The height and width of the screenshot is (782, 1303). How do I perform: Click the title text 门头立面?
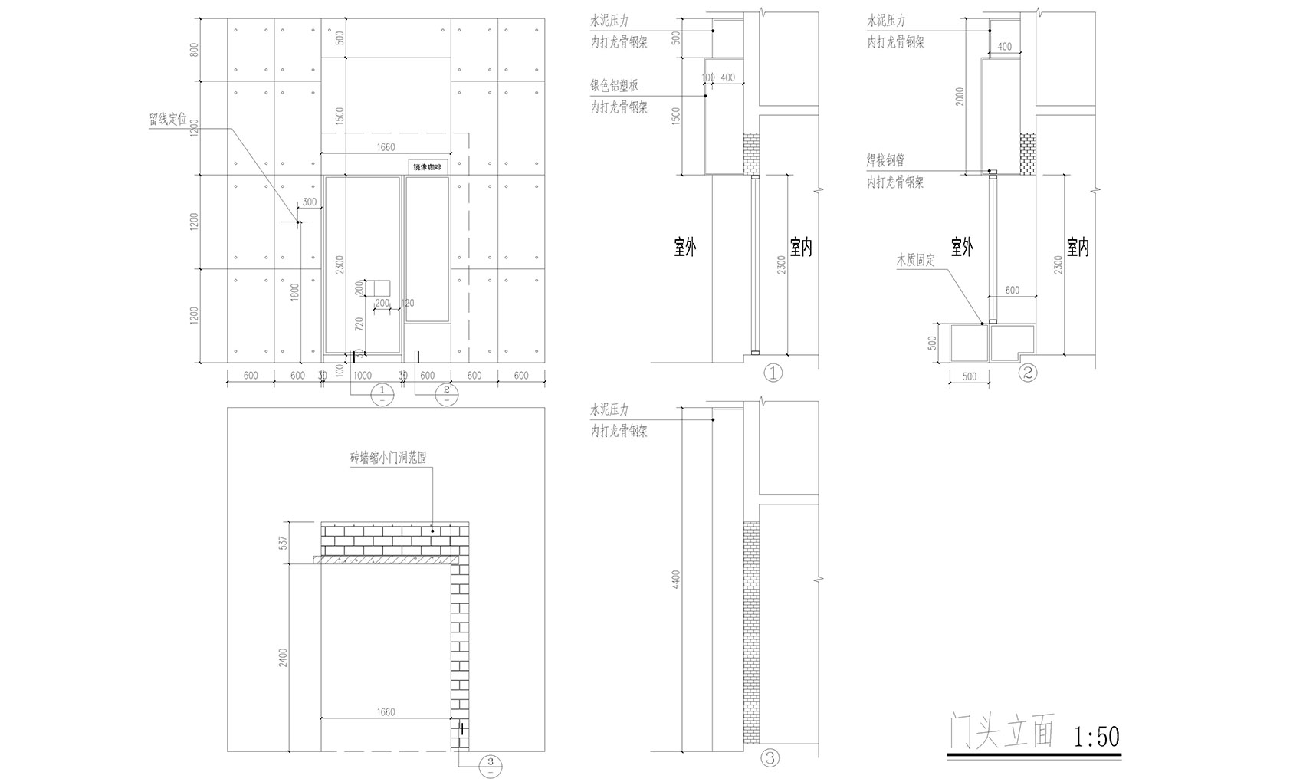point(1000,734)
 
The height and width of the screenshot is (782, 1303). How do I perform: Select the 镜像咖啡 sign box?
point(427,166)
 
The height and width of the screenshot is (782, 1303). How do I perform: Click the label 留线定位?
point(168,120)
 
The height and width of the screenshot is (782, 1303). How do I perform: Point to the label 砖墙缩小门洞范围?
point(388,457)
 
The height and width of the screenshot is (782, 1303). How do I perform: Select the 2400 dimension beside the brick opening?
point(282,658)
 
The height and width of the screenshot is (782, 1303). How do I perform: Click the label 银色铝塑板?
point(613,85)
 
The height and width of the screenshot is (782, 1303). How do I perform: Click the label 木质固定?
point(916,261)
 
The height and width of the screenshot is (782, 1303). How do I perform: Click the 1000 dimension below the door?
point(362,376)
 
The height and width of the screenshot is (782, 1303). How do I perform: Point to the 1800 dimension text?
point(294,292)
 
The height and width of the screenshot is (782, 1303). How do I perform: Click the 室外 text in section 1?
point(684,247)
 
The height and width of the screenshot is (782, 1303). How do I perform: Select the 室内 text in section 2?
point(1078,247)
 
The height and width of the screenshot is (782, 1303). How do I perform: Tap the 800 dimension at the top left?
point(194,50)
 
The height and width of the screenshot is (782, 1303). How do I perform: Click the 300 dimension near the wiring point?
point(310,202)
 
